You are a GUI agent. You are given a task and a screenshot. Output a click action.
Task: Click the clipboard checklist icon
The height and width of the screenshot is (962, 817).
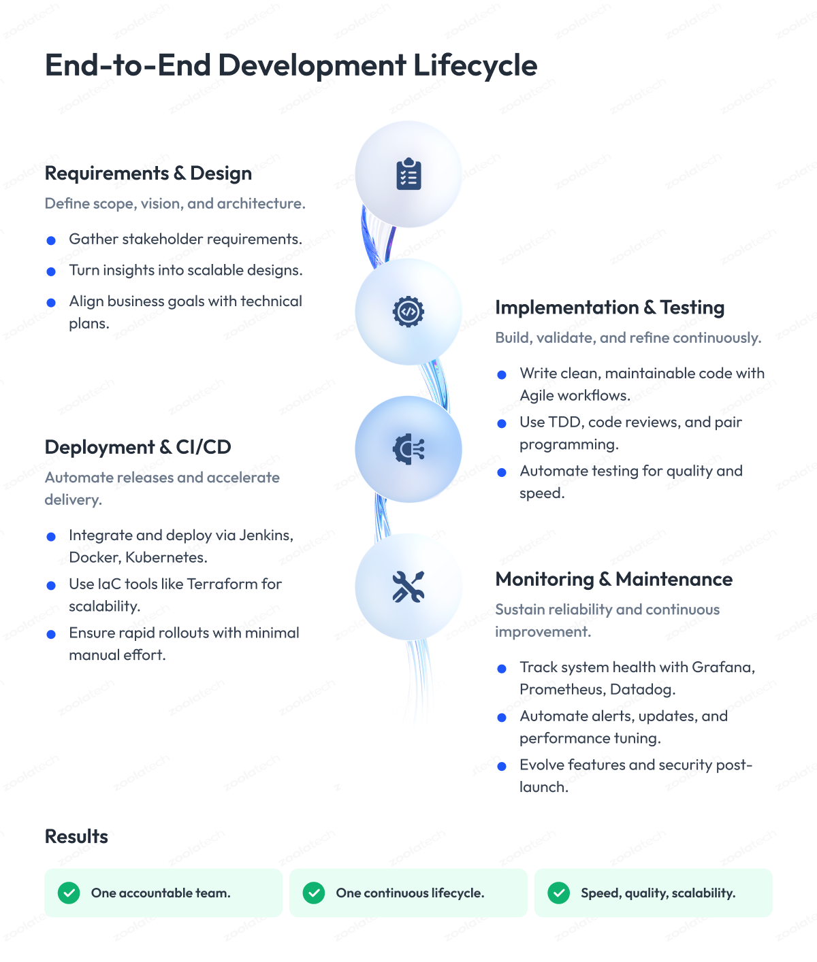(408, 174)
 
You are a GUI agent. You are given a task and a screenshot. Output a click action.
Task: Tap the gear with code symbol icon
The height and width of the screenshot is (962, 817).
(408, 312)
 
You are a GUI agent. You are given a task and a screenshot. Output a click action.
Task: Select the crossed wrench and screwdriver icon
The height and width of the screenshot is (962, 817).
(408, 586)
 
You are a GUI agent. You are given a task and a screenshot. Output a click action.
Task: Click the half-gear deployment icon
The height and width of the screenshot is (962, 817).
(408, 449)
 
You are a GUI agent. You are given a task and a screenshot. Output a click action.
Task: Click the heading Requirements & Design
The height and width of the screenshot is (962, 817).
(148, 173)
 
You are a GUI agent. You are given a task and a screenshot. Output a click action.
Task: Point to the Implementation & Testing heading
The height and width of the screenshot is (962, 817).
(609, 308)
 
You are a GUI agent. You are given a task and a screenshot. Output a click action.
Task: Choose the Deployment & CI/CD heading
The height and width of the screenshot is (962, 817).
(138, 447)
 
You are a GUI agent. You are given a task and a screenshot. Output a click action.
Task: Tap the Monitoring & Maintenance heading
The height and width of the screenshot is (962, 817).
(613, 579)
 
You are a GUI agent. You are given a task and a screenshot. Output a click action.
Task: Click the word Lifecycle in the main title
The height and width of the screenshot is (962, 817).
(475, 65)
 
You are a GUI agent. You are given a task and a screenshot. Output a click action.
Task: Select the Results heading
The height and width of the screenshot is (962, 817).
(76, 836)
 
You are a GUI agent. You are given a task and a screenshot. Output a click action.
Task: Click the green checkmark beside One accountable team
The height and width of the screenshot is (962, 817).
(69, 893)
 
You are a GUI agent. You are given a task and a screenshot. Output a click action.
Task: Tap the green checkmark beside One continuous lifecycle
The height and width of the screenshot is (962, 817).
(314, 893)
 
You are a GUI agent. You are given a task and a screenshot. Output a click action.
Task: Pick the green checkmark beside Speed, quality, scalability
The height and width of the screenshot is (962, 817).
(559, 893)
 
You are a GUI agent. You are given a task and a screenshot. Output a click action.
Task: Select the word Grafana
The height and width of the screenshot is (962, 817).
(723, 667)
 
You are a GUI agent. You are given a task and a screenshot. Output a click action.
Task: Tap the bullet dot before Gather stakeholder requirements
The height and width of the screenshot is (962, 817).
(51, 240)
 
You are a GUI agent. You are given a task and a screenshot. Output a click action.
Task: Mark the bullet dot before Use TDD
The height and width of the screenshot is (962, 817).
(502, 423)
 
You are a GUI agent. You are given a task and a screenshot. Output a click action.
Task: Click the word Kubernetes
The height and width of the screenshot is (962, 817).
(166, 557)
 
